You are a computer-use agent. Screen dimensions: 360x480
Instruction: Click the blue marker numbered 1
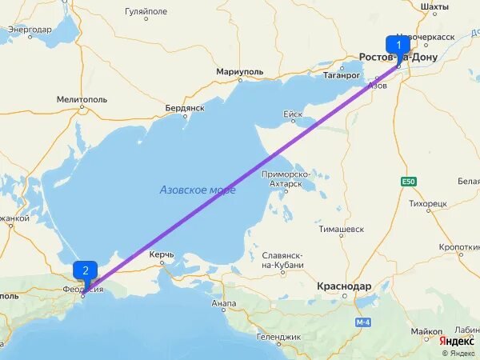tap(397, 46)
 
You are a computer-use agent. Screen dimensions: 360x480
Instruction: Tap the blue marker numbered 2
tap(85, 270)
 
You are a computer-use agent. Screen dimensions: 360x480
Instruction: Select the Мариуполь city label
tap(240, 72)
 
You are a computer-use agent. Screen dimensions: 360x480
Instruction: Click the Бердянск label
tap(185, 107)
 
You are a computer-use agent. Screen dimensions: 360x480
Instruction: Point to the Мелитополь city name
tap(82, 99)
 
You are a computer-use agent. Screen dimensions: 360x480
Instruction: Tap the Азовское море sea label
tap(198, 190)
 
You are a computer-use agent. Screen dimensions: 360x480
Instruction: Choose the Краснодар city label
tap(344, 286)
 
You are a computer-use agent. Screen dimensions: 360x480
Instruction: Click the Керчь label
tap(162, 255)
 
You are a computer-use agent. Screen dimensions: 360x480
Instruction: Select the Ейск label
tap(293, 114)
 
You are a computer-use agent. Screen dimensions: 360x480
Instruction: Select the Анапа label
tap(224, 304)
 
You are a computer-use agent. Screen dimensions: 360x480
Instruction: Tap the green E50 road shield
tap(410, 182)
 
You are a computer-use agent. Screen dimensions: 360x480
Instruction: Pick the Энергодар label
tap(30, 30)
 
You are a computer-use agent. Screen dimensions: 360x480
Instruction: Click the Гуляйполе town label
tap(146, 13)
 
